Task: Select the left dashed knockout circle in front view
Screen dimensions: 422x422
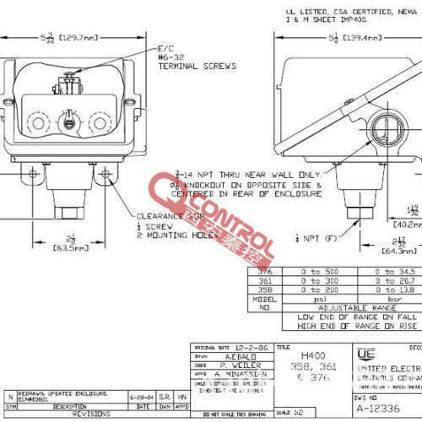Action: (x=35, y=123)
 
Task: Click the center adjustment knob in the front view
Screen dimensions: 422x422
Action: (x=68, y=123)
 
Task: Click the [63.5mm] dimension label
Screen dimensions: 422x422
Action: (x=71, y=249)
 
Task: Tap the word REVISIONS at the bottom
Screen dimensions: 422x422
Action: (x=90, y=414)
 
